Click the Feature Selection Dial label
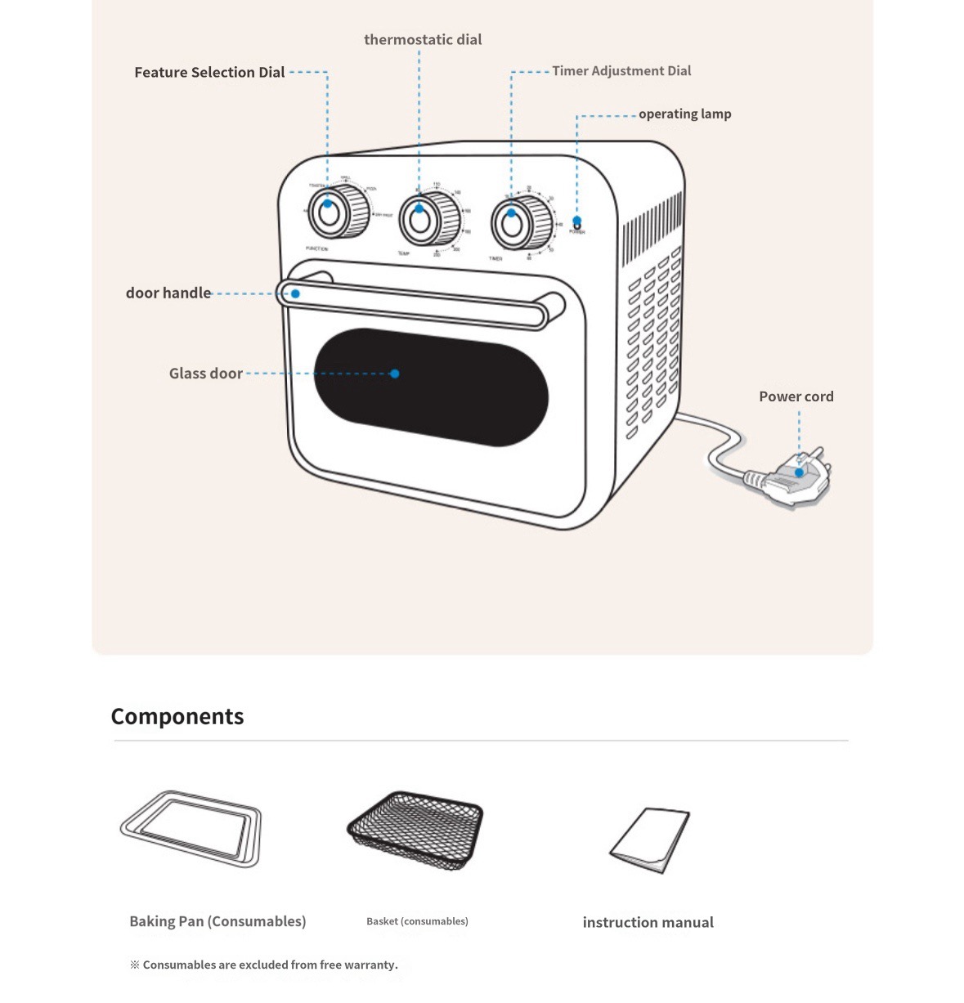point(209,73)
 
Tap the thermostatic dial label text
point(423,40)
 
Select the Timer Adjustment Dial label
point(621,71)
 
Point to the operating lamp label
point(684,114)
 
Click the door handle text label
point(168,293)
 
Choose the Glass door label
point(206,374)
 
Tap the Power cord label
point(796,396)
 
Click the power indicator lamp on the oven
point(577,222)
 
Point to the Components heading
point(177,717)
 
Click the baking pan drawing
point(191,828)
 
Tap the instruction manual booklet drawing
point(651,840)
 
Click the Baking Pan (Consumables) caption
point(217,921)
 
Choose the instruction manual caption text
point(648,923)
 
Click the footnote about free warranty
point(264,965)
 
